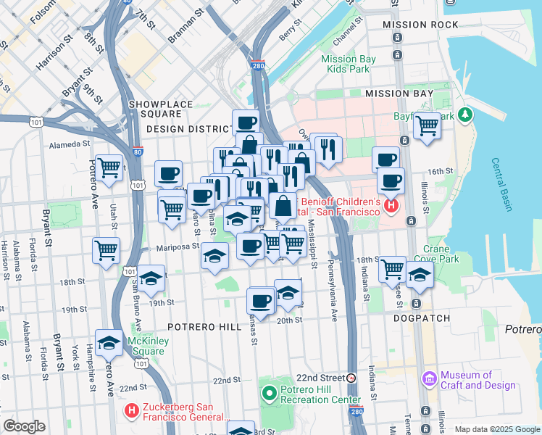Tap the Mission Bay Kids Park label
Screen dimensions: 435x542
pyautogui.click(x=349, y=65)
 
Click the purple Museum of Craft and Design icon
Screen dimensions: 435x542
pyautogui.click(x=429, y=379)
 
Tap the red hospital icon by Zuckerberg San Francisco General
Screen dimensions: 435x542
pyautogui.click(x=132, y=412)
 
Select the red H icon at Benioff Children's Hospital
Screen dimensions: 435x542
pyautogui.click(x=391, y=207)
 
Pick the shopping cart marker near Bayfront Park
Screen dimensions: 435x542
pyautogui.click(x=428, y=125)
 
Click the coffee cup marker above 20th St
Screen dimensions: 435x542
pyautogui.click(x=260, y=299)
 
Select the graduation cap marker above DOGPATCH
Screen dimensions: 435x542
pyautogui.click(x=420, y=273)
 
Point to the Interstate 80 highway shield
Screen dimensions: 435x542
pyautogui.click(x=138, y=152)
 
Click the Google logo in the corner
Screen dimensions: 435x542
pyautogui.click(x=24, y=426)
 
